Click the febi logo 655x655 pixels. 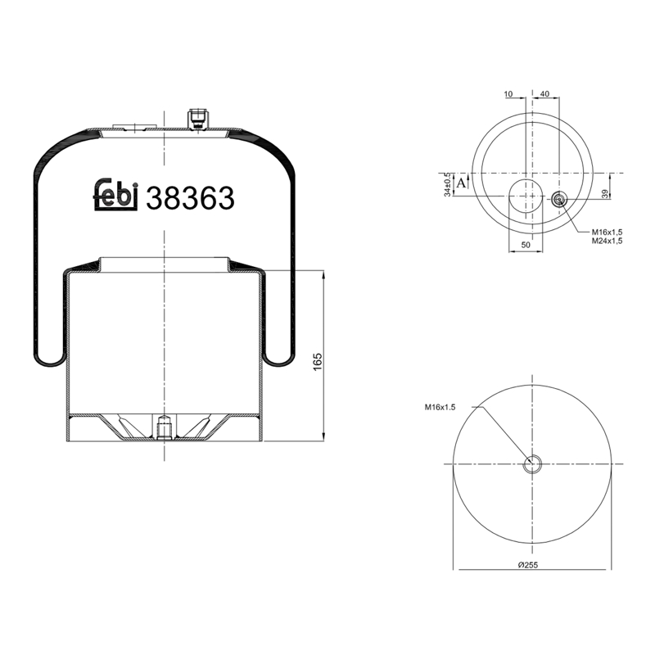115,195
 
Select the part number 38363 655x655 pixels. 190,198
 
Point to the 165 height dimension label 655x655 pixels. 318,362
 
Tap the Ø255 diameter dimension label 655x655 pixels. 528,565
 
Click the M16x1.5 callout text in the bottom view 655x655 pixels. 440,407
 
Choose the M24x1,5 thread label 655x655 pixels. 607,241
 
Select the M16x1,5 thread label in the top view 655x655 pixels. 607,232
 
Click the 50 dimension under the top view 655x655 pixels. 526,245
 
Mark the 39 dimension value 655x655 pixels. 606,193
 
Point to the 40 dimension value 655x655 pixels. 544,94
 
